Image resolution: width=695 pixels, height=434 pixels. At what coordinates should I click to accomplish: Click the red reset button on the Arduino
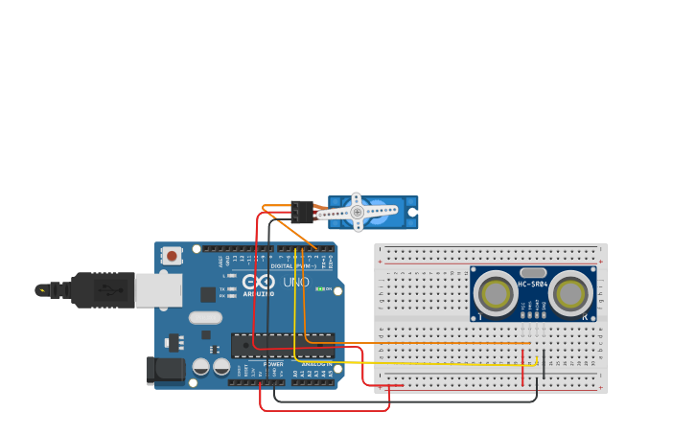[172, 256]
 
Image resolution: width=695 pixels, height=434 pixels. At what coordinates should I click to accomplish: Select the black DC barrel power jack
[165, 371]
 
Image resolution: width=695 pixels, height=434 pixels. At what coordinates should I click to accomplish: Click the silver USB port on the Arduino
[158, 289]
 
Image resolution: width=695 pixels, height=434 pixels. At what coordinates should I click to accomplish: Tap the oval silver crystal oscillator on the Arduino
[205, 317]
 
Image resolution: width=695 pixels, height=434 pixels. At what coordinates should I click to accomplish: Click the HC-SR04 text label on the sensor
[532, 284]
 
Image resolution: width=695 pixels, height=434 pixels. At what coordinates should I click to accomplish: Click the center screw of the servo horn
[357, 212]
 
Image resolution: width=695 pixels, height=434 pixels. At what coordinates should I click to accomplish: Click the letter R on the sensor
[585, 315]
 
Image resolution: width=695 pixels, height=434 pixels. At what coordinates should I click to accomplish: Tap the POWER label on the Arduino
[273, 364]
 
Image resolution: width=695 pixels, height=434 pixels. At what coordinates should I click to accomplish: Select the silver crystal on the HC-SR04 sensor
[533, 272]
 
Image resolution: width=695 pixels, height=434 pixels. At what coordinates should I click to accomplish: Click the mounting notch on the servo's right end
[414, 212]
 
